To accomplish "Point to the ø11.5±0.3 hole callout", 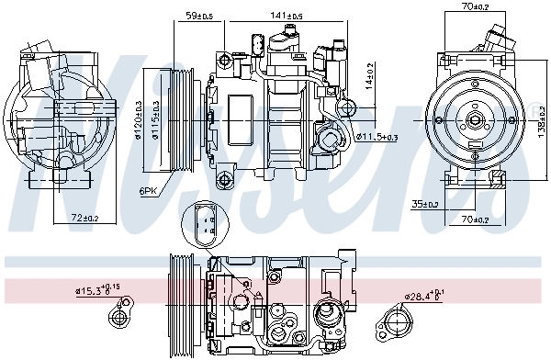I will [377, 137].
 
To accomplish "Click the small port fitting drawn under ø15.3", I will [118, 318].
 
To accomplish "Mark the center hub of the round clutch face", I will [477, 120].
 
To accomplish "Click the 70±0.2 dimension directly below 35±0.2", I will [475, 219].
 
